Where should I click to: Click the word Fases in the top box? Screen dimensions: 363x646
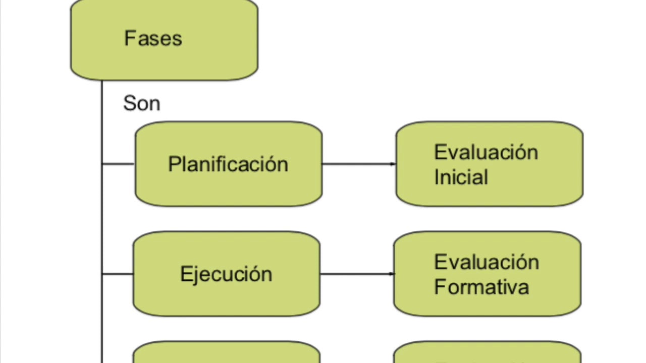153,38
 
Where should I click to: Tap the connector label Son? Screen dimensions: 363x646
141,103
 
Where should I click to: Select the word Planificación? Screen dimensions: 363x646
228,164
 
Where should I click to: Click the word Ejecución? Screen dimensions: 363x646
226,274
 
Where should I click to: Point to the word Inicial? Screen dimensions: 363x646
461,177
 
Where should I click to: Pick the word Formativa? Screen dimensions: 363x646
481,287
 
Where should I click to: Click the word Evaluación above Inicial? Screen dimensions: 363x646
486,152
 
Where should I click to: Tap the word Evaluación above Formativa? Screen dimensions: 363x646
486,262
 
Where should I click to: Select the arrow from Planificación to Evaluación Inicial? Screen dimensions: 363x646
358,164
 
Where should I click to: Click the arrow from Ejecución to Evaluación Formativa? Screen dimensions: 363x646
356,274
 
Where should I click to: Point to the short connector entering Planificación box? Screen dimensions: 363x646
118,164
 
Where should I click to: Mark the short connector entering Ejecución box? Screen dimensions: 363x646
117,274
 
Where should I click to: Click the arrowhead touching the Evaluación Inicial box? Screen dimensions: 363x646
393,164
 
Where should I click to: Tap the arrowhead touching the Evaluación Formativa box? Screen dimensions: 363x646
391,274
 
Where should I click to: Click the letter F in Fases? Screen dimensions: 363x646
129,38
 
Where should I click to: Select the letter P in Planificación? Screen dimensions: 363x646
174,164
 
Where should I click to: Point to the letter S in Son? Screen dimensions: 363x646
129,103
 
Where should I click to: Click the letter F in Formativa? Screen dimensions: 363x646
439,287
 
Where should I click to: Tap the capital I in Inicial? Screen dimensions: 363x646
437,177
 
